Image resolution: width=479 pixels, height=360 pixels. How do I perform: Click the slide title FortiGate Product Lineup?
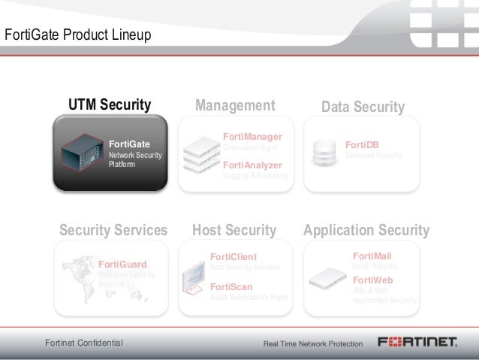click(x=78, y=35)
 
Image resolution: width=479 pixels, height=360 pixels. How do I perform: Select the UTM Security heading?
click(x=110, y=104)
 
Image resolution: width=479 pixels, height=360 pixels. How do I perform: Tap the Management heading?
click(x=235, y=105)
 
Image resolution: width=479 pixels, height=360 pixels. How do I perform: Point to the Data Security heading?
click(x=363, y=107)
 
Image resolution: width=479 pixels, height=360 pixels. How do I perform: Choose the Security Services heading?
click(x=113, y=230)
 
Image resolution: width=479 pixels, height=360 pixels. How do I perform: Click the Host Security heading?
click(x=234, y=230)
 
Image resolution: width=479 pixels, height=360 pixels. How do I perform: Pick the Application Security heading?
click(x=366, y=230)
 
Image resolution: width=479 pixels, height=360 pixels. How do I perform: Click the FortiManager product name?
click(x=252, y=137)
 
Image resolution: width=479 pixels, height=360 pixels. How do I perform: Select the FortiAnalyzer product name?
click(x=252, y=165)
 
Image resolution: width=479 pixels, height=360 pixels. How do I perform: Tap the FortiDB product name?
click(x=362, y=144)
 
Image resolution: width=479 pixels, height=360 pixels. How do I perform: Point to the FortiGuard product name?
click(x=122, y=264)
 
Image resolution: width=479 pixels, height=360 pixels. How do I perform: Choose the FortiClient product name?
click(x=233, y=257)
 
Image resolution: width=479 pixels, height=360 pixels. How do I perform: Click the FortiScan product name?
click(x=231, y=286)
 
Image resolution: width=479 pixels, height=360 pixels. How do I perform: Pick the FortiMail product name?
click(x=372, y=256)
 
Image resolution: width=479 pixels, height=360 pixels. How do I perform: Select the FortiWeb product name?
click(x=372, y=280)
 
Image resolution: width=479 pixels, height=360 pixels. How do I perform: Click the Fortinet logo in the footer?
click(x=417, y=342)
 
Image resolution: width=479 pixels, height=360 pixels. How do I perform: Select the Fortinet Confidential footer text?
click(x=84, y=343)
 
